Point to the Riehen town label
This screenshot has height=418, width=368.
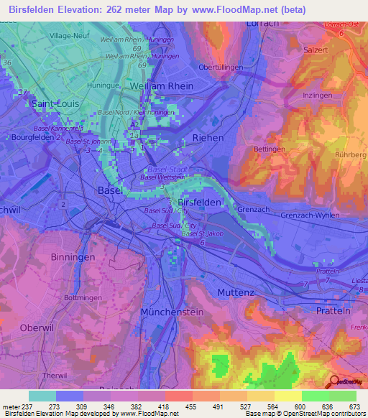click(208, 137)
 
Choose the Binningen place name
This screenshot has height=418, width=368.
click(73, 257)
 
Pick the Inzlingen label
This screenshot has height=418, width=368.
click(317, 95)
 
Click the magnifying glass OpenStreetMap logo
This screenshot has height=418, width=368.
click(335, 381)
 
